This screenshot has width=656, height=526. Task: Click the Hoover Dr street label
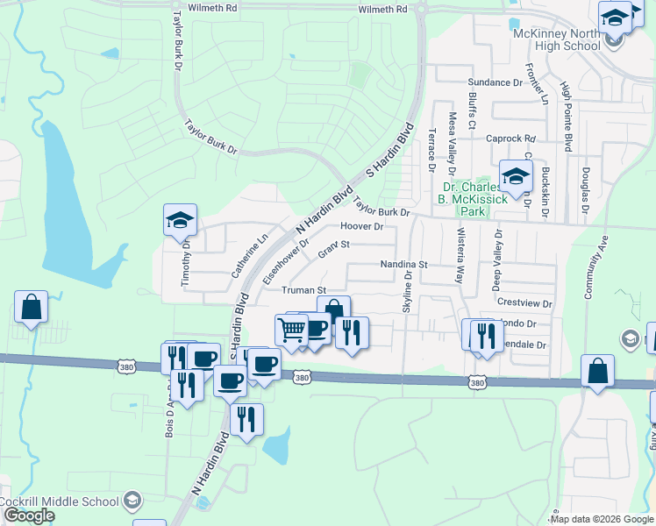(x=362, y=226)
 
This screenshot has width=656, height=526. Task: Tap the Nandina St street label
(x=403, y=264)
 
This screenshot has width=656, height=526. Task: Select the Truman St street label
(x=303, y=289)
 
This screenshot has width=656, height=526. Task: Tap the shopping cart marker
(x=291, y=331)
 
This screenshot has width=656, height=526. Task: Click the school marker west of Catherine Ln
(x=180, y=221)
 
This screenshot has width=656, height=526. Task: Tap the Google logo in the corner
(x=29, y=516)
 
